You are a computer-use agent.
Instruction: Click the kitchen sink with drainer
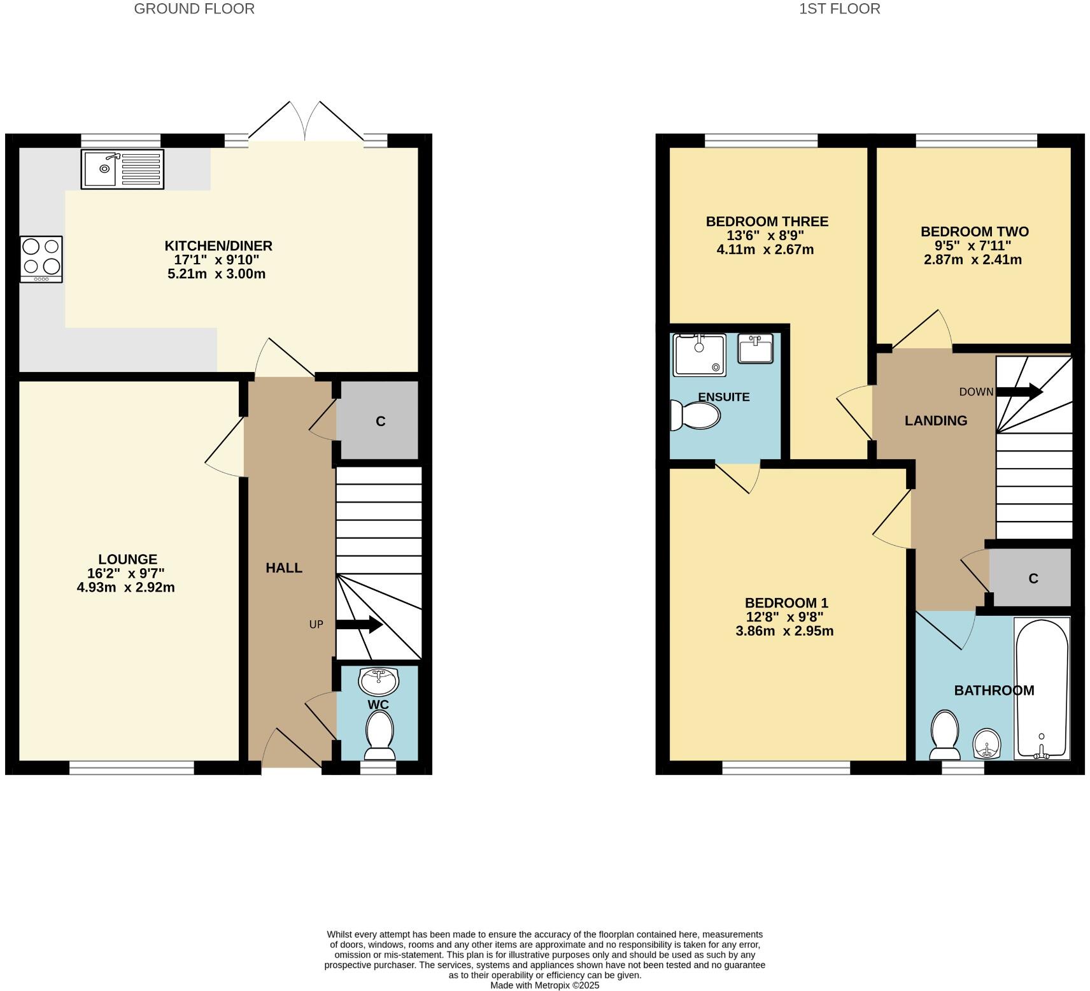[x=122, y=169]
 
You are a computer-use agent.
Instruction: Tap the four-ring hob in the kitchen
[x=41, y=259]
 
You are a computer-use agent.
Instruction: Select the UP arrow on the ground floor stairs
[x=359, y=625]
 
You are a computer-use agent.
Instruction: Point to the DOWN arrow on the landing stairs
[x=1019, y=392]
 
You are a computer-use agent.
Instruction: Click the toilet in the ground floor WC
[x=380, y=736]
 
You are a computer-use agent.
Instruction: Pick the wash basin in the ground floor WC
[x=378, y=681]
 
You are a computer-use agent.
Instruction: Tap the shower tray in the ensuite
[x=699, y=355]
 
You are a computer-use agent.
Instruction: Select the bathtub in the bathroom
[x=1042, y=689]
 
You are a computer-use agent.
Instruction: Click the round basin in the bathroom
[x=987, y=743]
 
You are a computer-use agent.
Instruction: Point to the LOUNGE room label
[x=127, y=560]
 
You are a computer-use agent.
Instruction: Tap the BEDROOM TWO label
[x=974, y=232]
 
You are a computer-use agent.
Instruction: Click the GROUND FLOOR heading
[x=194, y=9]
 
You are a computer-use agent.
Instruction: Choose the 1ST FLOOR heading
[x=839, y=9]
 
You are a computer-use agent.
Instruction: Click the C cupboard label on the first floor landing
[x=1033, y=578]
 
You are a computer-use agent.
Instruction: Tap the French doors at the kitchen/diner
[x=306, y=124]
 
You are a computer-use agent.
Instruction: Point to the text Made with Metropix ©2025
[x=544, y=985]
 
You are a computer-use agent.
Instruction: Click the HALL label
[x=284, y=568]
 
